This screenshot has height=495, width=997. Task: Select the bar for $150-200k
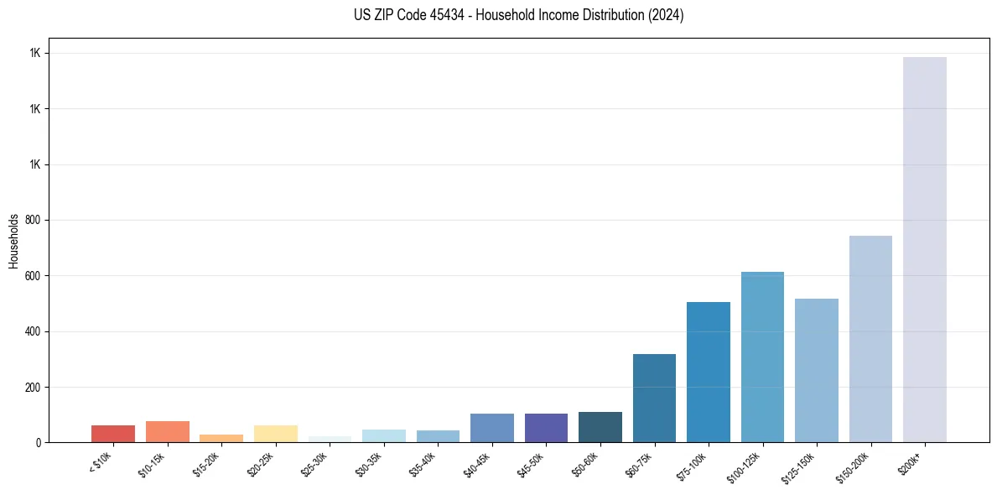click(870, 339)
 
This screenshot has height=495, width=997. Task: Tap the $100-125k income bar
click(762, 357)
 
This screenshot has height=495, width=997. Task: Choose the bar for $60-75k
click(654, 398)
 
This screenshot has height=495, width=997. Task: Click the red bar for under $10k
click(113, 434)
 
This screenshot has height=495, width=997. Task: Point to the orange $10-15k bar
click(168, 431)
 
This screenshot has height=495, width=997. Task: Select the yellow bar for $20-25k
click(276, 434)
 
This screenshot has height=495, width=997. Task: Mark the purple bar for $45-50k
click(546, 428)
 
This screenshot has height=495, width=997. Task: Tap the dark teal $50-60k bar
click(600, 427)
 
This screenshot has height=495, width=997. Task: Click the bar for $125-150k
click(817, 370)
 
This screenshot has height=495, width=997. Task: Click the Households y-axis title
click(13, 240)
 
